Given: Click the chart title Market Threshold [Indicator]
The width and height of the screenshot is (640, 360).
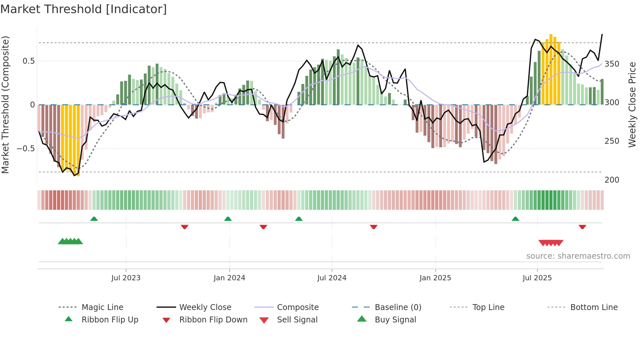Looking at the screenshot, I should [x=84, y=9].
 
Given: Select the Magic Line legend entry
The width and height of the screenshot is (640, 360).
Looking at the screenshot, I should [x=102, y=307].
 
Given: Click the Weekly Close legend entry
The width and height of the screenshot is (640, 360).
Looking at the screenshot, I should [x=205, y=307].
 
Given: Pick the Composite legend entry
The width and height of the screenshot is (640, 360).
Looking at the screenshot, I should [x=297, y=307].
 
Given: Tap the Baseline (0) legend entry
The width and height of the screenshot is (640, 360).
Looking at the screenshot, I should [x=398, y=307].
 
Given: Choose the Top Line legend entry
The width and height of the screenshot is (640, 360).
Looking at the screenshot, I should [x=488, y=307].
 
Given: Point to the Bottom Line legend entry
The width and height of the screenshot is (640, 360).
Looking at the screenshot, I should [x=594, y=307].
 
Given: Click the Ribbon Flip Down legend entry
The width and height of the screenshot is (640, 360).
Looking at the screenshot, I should [x=213, y=319].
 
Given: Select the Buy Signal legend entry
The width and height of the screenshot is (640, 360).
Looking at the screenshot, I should [x=395, y=319].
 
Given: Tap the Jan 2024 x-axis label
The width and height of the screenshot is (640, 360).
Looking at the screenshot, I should [x=229, y=278].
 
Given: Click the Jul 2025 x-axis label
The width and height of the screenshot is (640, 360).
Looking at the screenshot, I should [x=537, y=278].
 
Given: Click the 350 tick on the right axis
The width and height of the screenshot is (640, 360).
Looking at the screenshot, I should [x=612, y=64].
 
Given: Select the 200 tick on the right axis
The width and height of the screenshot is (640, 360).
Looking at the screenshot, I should [x=612, y=180].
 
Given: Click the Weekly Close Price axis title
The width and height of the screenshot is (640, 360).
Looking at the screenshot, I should [x=632, y=105].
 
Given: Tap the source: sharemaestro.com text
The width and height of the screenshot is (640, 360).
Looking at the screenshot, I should [x=578, y=256].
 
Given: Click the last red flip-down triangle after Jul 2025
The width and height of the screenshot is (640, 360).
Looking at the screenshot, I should [x=582, y=227].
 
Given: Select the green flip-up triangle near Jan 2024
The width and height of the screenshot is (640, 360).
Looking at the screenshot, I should [x=228, y=219].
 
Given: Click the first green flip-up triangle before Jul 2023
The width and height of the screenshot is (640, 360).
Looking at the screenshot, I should [x=94, y=219].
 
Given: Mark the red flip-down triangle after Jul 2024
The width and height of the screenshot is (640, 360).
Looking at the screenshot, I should [x=374, y=227].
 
